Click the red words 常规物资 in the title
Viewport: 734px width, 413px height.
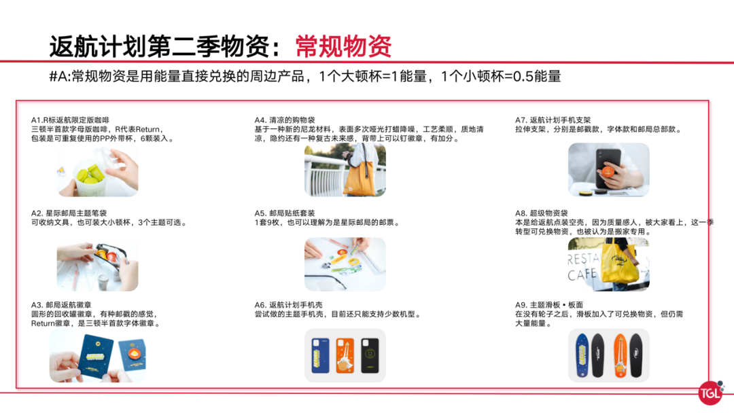coord(343,46)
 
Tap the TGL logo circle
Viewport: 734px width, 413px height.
coord(711,392)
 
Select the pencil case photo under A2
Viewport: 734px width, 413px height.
coord(97,264)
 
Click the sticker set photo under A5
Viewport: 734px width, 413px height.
coord(345,264)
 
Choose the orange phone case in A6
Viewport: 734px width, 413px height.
coord(345,356)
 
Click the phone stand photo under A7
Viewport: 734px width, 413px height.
coord(608,170)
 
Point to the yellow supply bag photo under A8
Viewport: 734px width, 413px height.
coord(608,264)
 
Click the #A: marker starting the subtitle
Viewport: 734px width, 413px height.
coord(60,77)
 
